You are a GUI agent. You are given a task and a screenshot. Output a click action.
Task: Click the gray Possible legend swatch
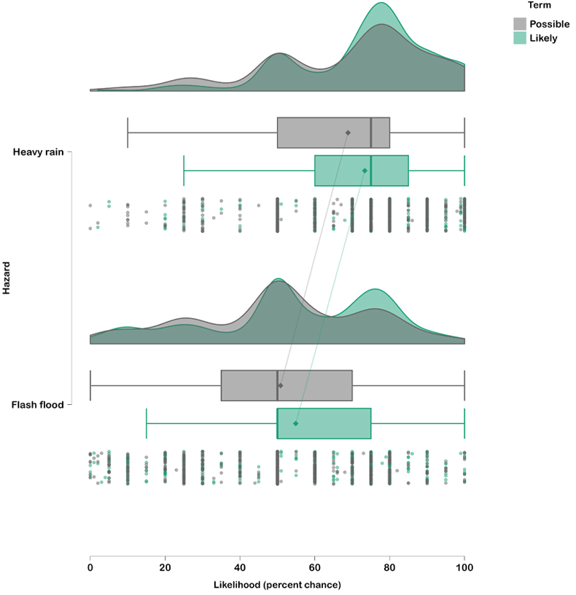(520, 24)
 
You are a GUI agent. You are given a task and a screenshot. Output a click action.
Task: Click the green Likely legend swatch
(520, 38)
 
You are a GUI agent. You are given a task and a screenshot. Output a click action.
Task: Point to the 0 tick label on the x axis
(90, 567)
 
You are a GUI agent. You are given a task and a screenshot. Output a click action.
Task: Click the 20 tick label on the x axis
(165, 567)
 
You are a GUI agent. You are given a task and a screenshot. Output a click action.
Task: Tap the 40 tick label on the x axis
(240, 567)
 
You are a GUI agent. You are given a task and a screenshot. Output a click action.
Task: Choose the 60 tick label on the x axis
(314, 567)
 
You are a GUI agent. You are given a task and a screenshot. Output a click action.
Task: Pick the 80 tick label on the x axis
(389, 567)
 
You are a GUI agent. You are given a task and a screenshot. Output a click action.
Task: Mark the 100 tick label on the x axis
(464, 567)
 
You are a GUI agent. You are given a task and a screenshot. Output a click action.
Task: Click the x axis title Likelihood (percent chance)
(277, 584)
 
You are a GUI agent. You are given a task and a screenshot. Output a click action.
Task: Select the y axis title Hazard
(6, 278)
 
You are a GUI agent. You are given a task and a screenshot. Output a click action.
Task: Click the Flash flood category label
(39, 403)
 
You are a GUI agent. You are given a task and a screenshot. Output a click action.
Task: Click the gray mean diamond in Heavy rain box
(348, 133)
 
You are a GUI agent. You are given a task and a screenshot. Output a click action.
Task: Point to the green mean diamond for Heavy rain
(365, 170)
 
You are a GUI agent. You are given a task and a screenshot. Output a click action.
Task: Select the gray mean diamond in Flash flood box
(280, 385)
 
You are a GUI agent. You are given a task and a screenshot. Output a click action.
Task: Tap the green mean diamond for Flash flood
(296, 422)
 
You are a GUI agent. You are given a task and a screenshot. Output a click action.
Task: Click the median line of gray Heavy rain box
(371, 133)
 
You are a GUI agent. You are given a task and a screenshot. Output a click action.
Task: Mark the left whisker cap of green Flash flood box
(147, 422)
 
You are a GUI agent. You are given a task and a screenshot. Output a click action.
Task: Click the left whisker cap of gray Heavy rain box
(128, 133)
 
